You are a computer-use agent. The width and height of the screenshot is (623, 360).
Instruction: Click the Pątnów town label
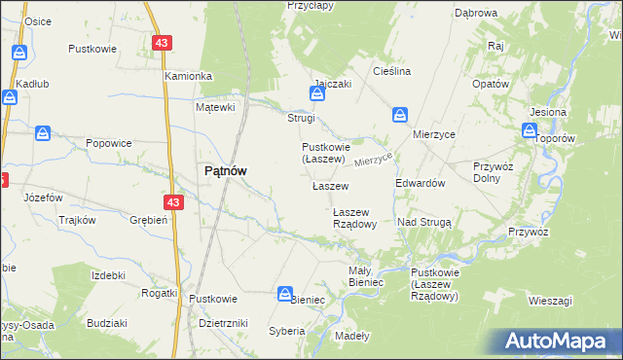tap(224, 170)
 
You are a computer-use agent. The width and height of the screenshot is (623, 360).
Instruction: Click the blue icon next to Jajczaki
tap(316, 94)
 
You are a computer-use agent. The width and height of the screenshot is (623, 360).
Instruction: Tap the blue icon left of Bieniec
tap(285, 293)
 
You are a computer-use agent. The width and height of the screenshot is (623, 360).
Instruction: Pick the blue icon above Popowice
tap(43, 132)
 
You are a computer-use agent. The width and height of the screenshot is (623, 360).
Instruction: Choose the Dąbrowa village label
tap(476, 14)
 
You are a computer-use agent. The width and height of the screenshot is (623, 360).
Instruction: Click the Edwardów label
tap(421, 183)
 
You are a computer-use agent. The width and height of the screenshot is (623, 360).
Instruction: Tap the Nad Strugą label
tap(424, 223)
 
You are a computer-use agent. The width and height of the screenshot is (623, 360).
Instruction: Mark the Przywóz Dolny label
tap(492, 171)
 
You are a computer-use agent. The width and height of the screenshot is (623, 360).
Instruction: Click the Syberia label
tap(287, 331)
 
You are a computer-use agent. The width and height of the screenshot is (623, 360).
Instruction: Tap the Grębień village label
tap(150, 220)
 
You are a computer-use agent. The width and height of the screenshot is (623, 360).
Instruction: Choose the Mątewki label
tap(216, 107)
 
